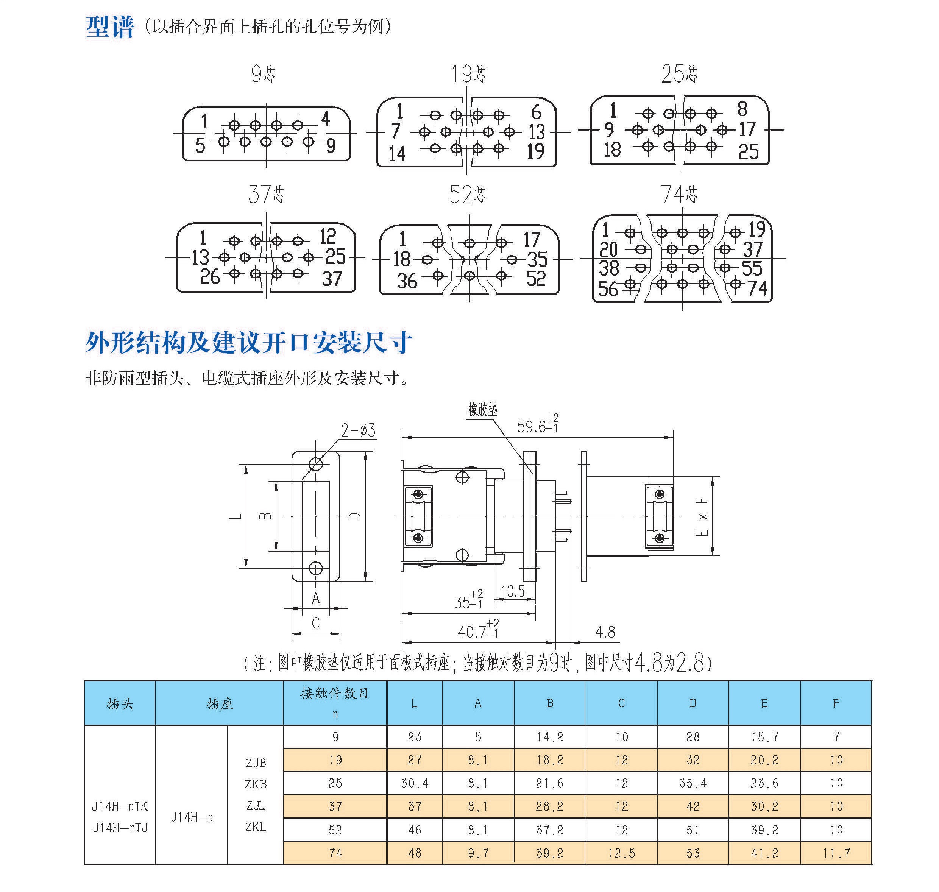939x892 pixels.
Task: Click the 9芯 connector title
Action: click(x=263, y=74)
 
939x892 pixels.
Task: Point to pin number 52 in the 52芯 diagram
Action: click(x=536, y=279)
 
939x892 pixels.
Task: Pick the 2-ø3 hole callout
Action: click(x=358, y=430)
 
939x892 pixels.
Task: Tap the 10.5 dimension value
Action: click(x=513, y=591)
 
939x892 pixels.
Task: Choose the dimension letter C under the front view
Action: click(x=316, y=623)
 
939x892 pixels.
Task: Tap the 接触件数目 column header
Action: click(x=335, y=694)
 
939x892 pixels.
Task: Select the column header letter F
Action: click(x=836, y=703)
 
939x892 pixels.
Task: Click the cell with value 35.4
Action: click(x=693, y=783)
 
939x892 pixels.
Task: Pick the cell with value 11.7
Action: click(x=836, y=853)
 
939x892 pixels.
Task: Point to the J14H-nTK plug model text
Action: click(x=120, y=806)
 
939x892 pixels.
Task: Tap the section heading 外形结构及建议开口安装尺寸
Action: click(x=248, y=342)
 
